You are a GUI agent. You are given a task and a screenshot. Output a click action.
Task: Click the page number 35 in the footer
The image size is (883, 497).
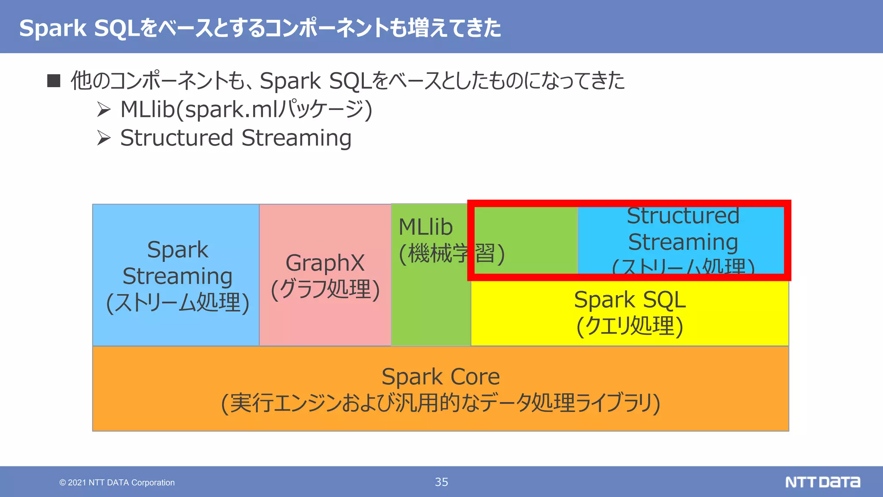(x=441, y=482)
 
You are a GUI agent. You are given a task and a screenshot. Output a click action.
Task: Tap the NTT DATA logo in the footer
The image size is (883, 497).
(x=822, y=482)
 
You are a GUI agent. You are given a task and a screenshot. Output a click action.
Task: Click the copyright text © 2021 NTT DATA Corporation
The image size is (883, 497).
(x=117, y=482)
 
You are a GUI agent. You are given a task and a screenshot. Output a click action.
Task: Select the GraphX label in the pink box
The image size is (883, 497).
(x=325, y=263)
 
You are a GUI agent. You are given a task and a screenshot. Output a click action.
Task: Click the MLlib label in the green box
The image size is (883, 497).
(x=426, y=227)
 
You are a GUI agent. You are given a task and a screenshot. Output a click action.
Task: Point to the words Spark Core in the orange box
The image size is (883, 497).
(x=441, y=377)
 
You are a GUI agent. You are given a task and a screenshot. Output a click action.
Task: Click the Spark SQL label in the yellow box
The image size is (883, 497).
(x=629, y=300)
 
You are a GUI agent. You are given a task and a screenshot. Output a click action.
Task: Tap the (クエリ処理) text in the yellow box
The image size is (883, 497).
(x=629, y=326)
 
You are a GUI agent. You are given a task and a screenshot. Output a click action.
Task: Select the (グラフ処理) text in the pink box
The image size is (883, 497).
(x=325, y=289)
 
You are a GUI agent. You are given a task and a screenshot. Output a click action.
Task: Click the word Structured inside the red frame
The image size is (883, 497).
(x=683, y=216)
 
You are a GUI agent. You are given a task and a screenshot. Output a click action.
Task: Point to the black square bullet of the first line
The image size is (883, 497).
(x=53, y=81)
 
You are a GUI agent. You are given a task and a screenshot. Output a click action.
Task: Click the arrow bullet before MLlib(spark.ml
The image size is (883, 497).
(x=103, y=109)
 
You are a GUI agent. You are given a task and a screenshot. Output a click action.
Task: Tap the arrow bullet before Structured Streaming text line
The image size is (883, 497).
(x=103, y=138)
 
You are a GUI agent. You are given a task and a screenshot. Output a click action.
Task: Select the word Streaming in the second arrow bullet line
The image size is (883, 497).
(x=296, y=138)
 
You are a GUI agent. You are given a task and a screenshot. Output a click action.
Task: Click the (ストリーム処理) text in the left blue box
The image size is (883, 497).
(x=178, y=302)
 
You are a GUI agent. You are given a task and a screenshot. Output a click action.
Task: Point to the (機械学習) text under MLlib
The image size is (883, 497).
(x=451, y=253)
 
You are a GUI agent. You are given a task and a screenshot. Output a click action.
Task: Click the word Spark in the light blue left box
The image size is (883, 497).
(x=177, y=250)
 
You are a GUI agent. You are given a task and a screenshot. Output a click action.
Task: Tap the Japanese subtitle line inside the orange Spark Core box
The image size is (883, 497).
(x=441, y=403)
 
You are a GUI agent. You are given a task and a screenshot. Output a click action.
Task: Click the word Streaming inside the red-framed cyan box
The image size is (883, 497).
(x=683, y=242)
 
